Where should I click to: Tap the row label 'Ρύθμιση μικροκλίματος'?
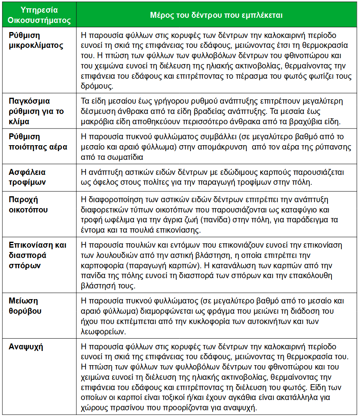click(36, 40)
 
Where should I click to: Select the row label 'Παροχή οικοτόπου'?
click(28, 205)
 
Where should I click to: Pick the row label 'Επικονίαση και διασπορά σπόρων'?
click(37, 255)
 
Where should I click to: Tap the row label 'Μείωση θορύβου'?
click(25, 306)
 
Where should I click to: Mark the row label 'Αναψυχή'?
click(26, 347)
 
